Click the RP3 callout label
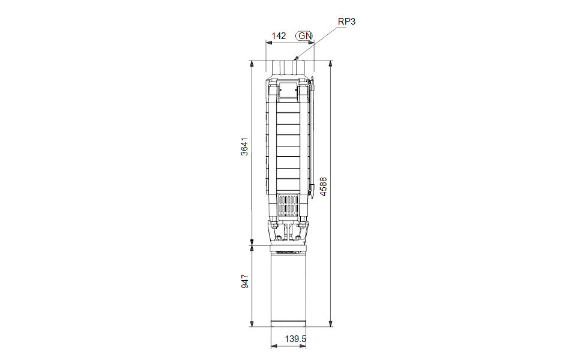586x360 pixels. pos(346,22)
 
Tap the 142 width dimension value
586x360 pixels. pos(279,36)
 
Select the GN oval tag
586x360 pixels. pos(304,36)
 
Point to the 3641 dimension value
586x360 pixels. pos(244,147)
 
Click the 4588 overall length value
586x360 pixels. pos(323,187)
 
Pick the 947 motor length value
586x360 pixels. pos(245,281)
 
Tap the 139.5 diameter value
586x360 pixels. pos(295,339)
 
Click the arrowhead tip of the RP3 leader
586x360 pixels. pos(295,59)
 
